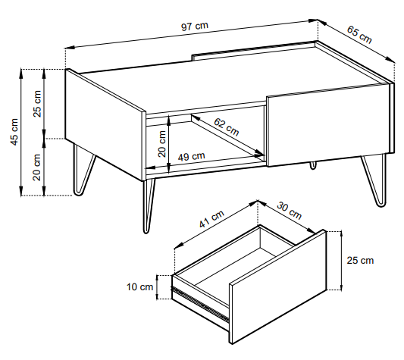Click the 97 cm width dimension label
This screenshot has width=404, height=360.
click(x=195, y=26)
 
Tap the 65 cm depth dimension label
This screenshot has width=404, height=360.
click(x=359, y=35)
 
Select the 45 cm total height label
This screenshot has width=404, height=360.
click(x=14, y=132)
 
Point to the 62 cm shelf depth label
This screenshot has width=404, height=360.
click(x=227, y=127)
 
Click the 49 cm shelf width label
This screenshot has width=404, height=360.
click(x=192, y=156)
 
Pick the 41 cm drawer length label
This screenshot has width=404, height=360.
click(x=211, y=219)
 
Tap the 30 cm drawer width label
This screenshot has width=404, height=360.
click(x=289, y=211)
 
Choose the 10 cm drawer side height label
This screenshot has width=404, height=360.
click(x=140, y=286)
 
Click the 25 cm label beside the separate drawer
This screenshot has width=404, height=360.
click(x=360, y=260)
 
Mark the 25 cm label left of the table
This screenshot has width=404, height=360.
click(x=37, y=104)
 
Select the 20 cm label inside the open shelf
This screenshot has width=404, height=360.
click(x=161, y=144)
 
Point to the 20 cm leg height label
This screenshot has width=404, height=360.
click(x=37, y=167)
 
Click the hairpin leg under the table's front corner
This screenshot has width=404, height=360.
click(x=148, y=206)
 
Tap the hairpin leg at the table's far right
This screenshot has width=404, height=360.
click(x=376, y=180)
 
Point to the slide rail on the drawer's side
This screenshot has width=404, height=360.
click(x=200, y=304)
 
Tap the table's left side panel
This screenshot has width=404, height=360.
click(x=105, y=124)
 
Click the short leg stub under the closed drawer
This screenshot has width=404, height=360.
click(x=313, y=165)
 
